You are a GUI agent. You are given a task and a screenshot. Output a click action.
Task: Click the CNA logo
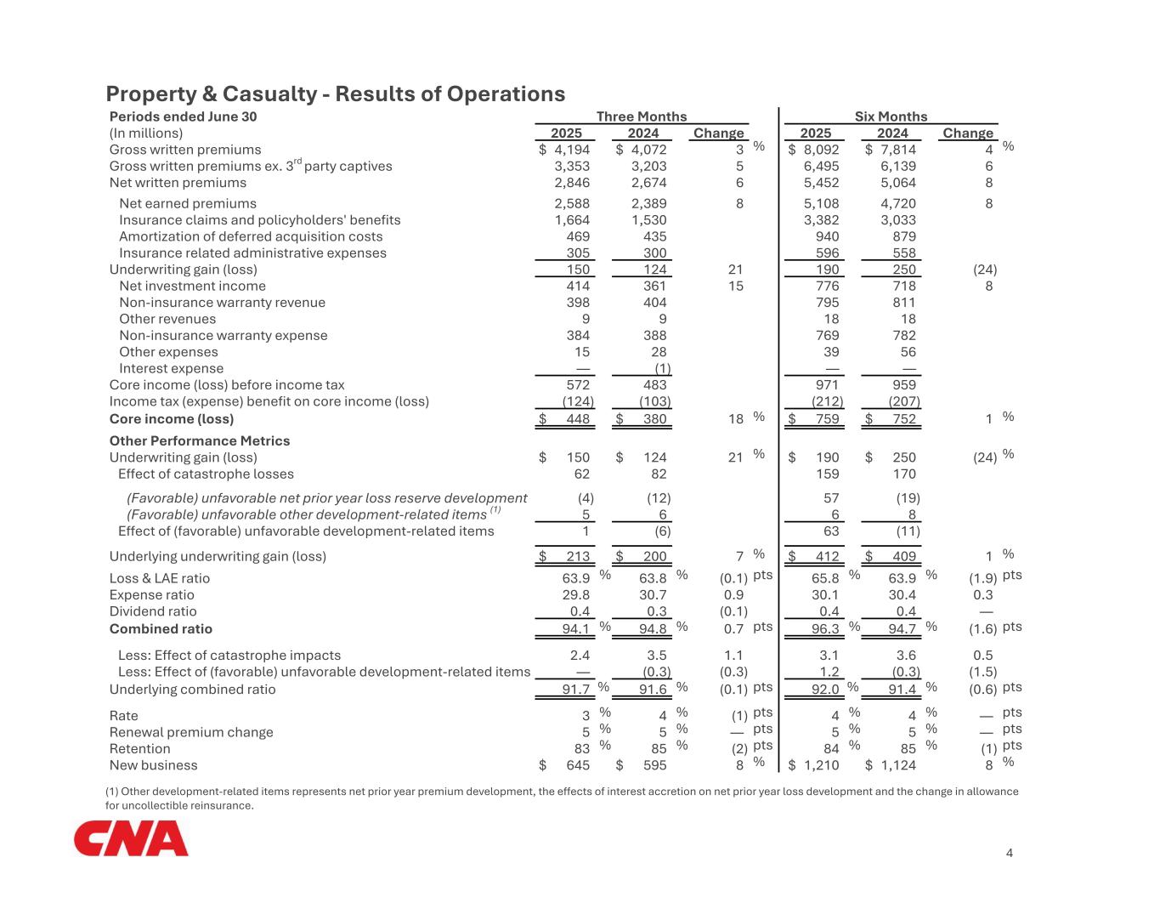(x=131, y=838)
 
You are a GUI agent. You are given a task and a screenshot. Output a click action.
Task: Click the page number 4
(x=1009, y=853)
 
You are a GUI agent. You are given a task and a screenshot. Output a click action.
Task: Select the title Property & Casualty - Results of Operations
(x=335, y=94)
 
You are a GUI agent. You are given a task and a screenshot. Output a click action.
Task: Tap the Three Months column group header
(x=641, y=116)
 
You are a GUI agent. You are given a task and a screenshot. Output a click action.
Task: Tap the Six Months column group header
(x=890, y=116)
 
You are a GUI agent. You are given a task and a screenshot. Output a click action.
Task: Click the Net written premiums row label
(x=178, y=182)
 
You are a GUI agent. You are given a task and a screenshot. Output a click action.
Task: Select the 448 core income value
(x=577, y=418)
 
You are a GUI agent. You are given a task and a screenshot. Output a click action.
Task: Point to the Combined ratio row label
(x=161, y=629)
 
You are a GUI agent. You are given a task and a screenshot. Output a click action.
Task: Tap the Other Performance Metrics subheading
(x=200, y=440)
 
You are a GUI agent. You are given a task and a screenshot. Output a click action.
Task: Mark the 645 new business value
(x=577, y=765)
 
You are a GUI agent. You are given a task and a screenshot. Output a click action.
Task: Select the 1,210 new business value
(x=821, y=765)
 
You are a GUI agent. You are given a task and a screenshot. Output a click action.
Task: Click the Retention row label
(x=139, y=749)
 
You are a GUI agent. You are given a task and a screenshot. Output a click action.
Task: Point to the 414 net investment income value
(x=577, y=287)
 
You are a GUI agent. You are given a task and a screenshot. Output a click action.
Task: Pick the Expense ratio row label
(x=151, y=595)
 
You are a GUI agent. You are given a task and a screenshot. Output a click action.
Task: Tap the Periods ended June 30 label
(x=183, y=116)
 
